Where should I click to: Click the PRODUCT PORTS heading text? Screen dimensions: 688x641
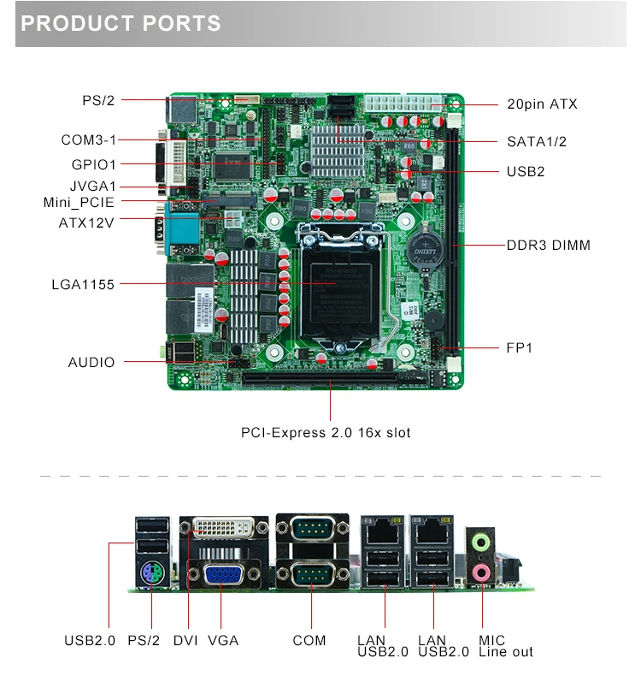pos(121,24)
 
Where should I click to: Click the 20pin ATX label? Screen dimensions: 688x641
pos(542,104)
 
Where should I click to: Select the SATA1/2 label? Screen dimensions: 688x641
pos(537,141)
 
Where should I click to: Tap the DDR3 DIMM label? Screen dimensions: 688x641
pos(548,246)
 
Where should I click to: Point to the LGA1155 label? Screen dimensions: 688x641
pos(83,284)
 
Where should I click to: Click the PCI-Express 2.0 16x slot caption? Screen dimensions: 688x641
pos(326,433)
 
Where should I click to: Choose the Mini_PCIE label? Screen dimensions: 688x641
pos(79,203)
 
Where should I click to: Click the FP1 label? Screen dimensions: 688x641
pos(520,348)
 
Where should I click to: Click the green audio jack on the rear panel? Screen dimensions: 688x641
pos(483,541)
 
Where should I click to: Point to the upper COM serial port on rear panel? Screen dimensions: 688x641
pos(312,529)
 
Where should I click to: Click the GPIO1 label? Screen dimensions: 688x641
pos(94,164)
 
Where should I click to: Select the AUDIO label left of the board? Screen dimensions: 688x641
pos(91,363)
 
